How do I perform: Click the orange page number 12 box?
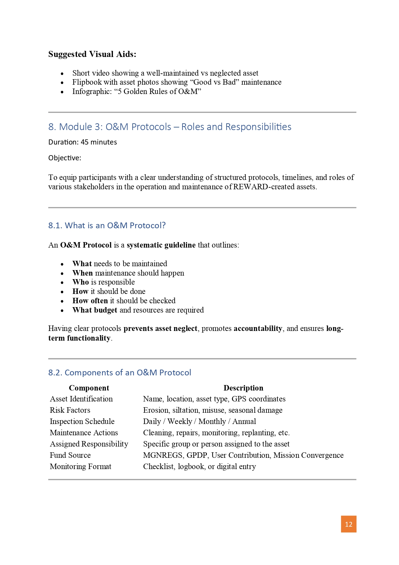(x=348, y=524)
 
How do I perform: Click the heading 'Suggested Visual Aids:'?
(x=92, y=54)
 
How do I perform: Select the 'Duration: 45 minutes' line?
(x=83, y=142)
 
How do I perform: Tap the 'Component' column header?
(x=89, y=388)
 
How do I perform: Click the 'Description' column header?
(x=243, y=388)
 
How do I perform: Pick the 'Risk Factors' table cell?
(x=70, y=410)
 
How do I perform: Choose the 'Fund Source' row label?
(x=70, y=455)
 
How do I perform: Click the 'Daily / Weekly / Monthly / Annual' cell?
(x=199, y=421)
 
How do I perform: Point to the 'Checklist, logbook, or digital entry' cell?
(x=199, y=466)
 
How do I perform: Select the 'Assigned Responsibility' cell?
(x=89, y=444)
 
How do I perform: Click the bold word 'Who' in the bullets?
(x=80, y=282)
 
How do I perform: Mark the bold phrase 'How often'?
(x=90, y=301)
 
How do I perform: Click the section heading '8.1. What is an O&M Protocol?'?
(x=107, y=225)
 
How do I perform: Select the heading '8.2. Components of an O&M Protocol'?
(x=120, y=372)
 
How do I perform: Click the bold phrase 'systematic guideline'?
(x=161, y=245)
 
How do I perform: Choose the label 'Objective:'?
(x=65, y=158)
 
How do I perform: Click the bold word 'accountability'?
(x=258, y=328)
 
